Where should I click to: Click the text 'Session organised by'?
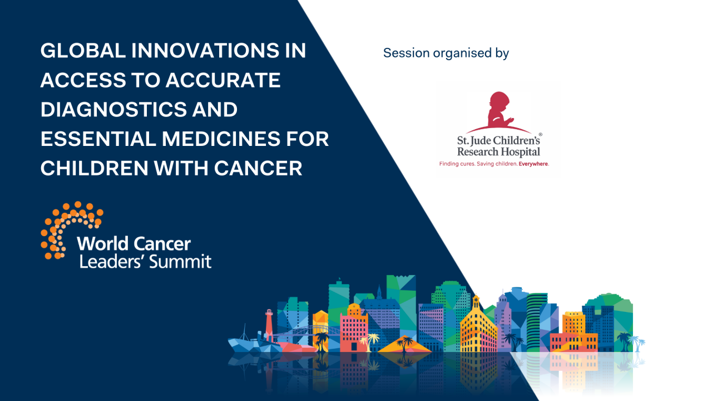tap(446, 53)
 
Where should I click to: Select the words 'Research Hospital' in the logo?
tap(498, 151)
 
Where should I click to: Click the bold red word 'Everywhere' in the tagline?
tap(533, 164)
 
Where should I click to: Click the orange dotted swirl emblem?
tap(70, 228)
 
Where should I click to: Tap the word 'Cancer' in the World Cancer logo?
tap(162, 243)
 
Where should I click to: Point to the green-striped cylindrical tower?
tap(537, 320)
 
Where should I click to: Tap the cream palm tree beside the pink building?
tap(371, 340)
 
